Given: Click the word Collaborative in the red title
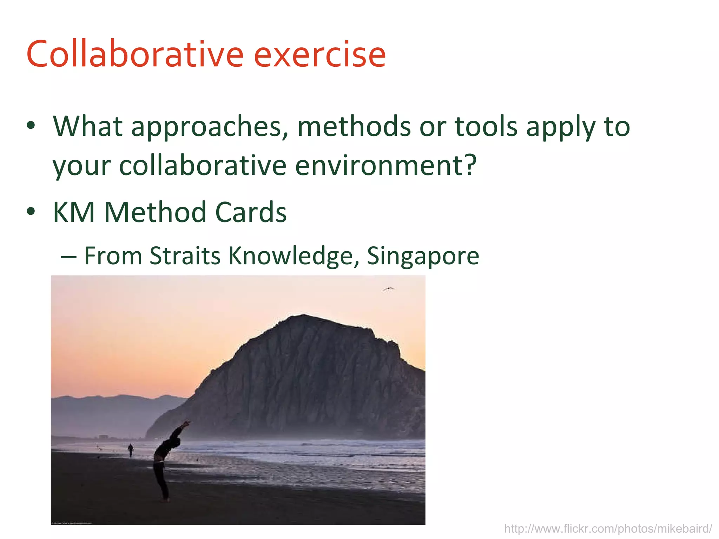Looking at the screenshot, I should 135,54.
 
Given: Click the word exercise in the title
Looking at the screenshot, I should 319,54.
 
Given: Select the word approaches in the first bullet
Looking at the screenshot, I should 210,127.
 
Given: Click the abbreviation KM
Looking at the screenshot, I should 74,212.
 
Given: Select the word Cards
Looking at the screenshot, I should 251,212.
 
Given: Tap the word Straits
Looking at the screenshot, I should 185,256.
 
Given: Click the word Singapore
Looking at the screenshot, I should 423,257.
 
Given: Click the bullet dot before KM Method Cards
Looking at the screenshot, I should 31,211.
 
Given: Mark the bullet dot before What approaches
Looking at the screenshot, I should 31,125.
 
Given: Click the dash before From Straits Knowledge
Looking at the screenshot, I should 68,257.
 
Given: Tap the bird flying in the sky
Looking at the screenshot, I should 388,289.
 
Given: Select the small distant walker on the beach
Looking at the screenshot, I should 131,450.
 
